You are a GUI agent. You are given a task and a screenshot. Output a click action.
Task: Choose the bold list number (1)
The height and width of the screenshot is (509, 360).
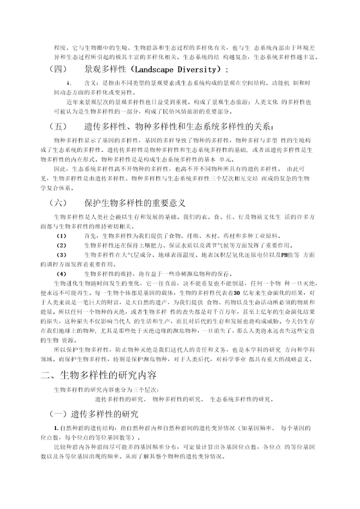pos(61,235)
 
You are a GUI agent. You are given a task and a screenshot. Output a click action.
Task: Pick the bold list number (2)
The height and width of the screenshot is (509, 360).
pos(61,245)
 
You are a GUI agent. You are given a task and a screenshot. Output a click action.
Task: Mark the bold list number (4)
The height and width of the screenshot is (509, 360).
pos(61,273)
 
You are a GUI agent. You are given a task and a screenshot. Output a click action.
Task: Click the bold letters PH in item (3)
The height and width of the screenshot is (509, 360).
pos(284,255)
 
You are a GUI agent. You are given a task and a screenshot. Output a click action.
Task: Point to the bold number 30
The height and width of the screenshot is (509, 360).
pos(237,292)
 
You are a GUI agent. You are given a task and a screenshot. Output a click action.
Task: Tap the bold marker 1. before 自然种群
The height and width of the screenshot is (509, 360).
pos(56,428)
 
